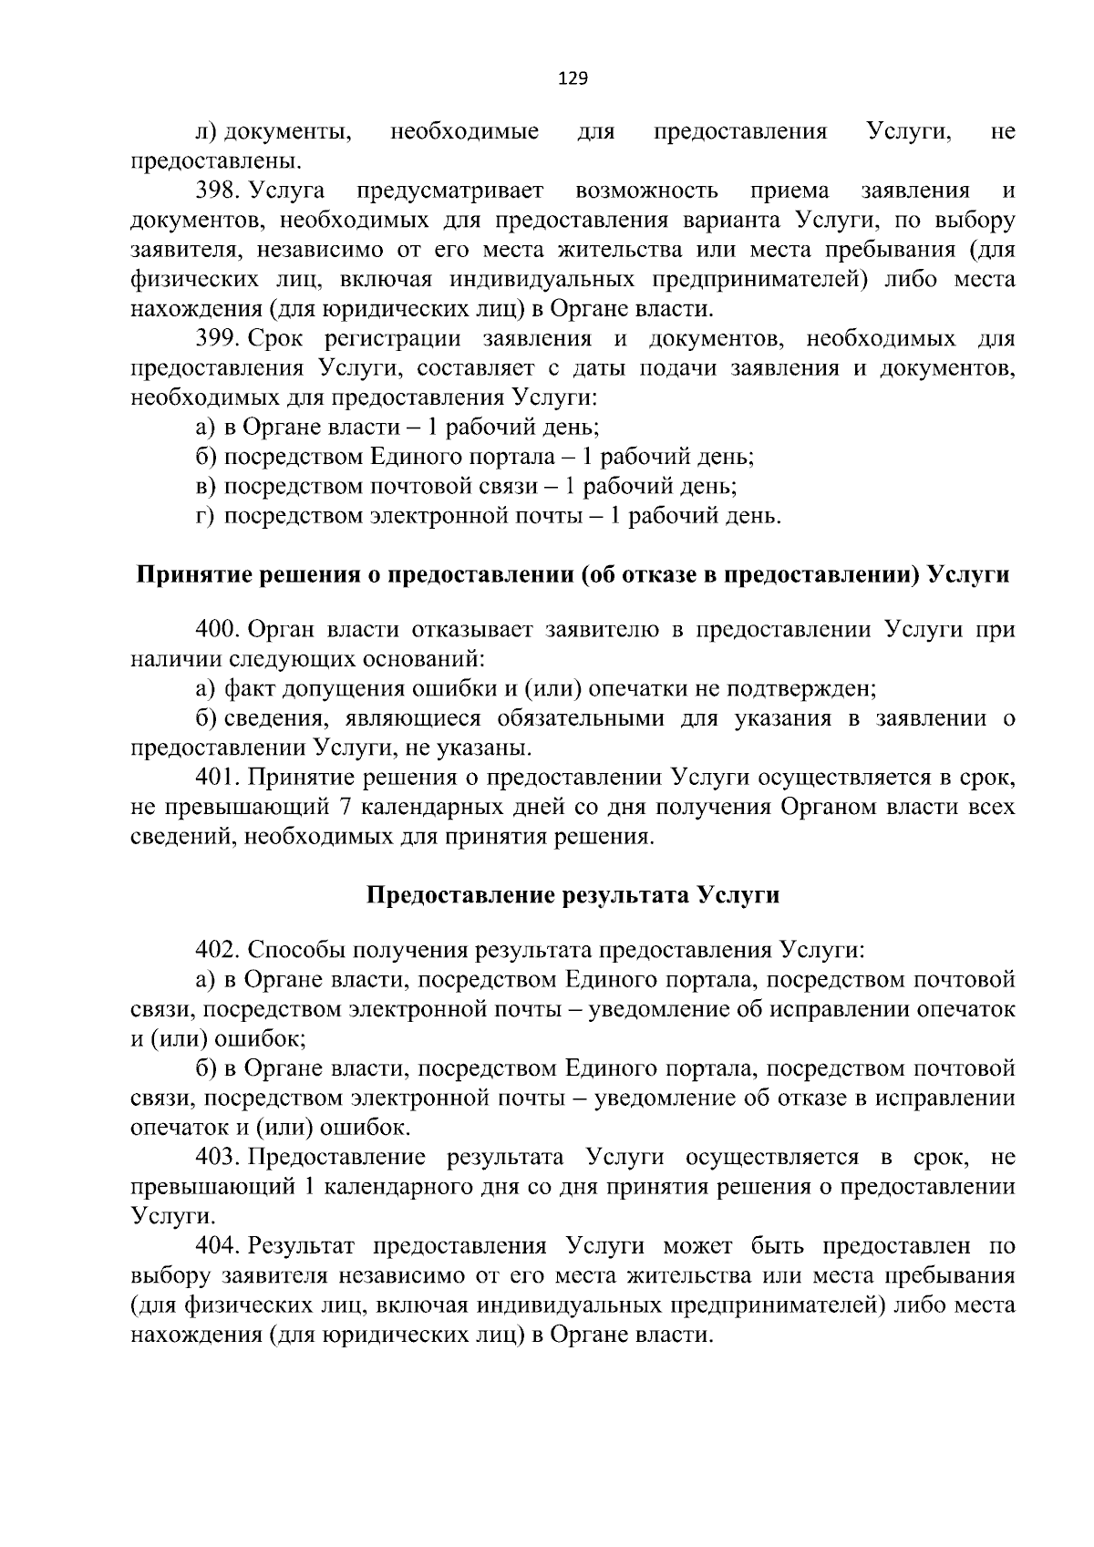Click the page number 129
[573, 78]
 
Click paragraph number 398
[217, 191]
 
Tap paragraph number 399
[217, 340]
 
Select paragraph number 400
[217, 630]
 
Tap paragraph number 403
[217, 1158]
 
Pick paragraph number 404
[217, 1246]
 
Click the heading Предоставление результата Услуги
[573, 895]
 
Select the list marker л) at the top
[207, 133]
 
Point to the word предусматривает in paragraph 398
[450, 191]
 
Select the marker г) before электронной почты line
[205, 517]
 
